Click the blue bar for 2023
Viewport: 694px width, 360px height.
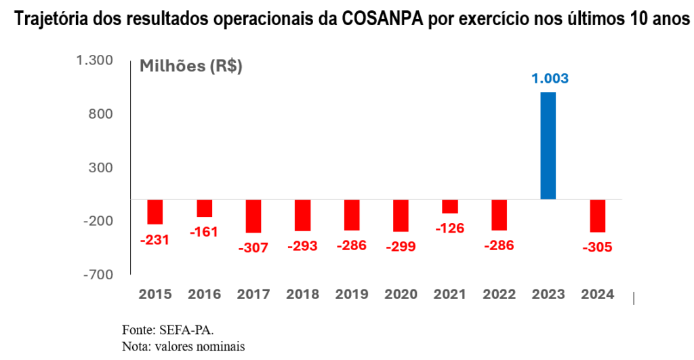click(548, 146)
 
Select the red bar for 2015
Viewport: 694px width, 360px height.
click(155, 212)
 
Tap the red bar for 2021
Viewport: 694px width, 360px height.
click(449, 206)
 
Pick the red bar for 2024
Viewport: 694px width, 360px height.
click(597, 216)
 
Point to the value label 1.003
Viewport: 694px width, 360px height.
click(549, 79)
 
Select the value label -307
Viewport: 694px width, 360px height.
click(253, 248)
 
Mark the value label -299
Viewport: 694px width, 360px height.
click(401, 247)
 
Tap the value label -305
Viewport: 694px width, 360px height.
click(597, 247)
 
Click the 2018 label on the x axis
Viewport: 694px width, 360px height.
click(302, 294)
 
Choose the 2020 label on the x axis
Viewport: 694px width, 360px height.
click(401, 294)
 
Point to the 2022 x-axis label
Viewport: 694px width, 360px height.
click(499, 294)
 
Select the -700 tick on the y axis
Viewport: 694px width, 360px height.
click(98, 274)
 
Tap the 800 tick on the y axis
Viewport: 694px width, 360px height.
click(102, 114)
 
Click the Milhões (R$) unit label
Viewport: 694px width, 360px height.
click(190, 66)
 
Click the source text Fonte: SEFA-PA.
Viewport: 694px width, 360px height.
click(167, 330)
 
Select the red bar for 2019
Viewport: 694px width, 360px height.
click(352, 215)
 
